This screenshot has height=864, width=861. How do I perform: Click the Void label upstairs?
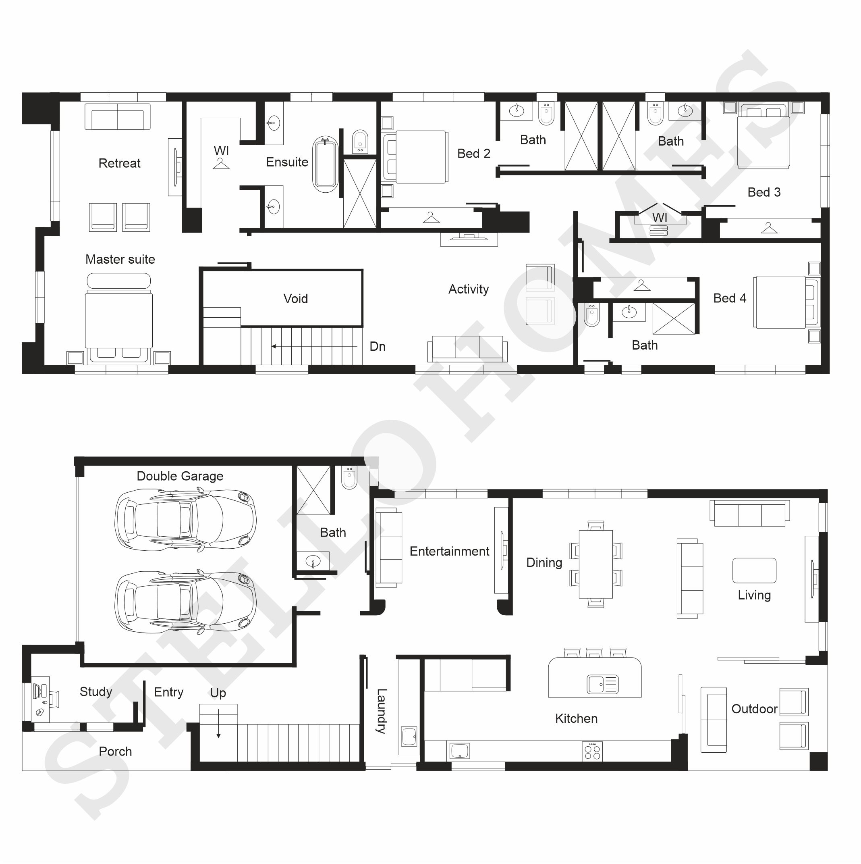tap(295, 298)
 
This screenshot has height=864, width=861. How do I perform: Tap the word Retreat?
tap(119, 163)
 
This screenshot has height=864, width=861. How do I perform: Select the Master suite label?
tap(120, 259)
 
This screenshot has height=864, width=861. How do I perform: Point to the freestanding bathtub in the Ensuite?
tap(325, 164)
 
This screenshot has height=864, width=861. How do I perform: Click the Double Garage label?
tap(180, 476)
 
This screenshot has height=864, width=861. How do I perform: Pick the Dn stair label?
tap(378, 346)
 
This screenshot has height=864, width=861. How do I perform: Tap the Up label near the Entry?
tap(218, 693)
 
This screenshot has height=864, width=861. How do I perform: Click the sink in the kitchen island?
tap(603, 684)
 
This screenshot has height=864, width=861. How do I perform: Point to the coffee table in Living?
tap(754, 570)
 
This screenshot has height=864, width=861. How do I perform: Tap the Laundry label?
tap(381, 711)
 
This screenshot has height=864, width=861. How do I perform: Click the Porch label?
tap(115, 751)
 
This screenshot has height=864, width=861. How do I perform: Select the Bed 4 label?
tap(730, 298)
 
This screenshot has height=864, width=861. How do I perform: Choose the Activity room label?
tap(468, 289)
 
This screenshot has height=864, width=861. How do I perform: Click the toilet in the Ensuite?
tap(360, 142)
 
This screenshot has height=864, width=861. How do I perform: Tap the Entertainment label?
tap(450, 551)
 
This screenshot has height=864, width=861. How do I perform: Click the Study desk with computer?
tap(41, 699)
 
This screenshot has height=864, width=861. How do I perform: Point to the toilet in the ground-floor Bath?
tap(349, 477)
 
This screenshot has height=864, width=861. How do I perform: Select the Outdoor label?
tap(754, 709)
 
